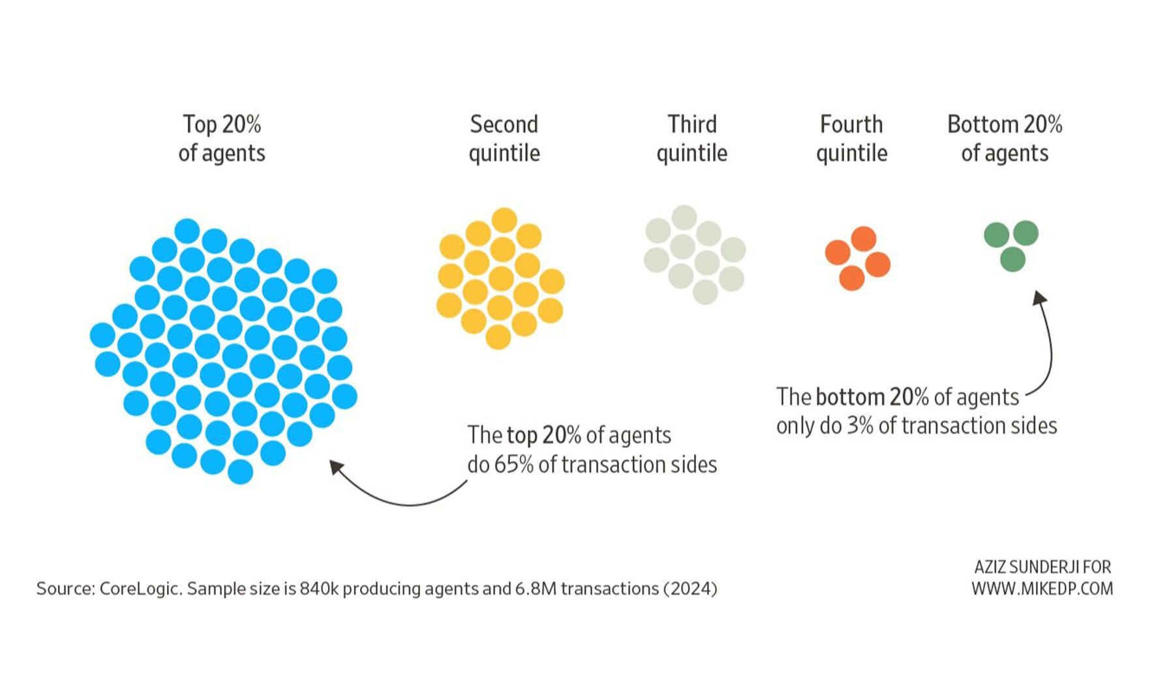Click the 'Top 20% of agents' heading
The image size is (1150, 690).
pyautogui.click(x=222, y=138)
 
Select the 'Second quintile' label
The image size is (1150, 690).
pyautogui.click(x=504, y=138)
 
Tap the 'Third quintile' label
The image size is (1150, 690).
pyautogui.click(x=691, y=138)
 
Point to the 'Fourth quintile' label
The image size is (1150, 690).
pyautogui.click(x=851, y=138)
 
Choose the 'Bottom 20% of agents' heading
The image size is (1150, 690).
pyautogui.click(x=1005, y=138)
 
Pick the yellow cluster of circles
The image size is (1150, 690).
pyautogui.click(x=500, y=279)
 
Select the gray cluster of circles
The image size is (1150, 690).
pyautogui.click(x=694, y=254)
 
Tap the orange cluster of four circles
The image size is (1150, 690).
pyautogui.click(x=857, y=258)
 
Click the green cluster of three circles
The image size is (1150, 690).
pyautogui.click(x=1012, y=245)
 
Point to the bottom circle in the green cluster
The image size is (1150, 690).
pyautogui.click(x=1012, y=259)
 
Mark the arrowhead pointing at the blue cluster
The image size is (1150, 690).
pyautogui.click(x=337, y=467)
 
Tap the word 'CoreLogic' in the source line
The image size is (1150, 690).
pyautogui.click(x=139, y=589)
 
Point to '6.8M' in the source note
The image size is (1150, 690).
pyautogui.click(x=536, y=589)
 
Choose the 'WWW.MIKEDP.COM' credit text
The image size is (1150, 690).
pyautogui.click(x=1042, y=588)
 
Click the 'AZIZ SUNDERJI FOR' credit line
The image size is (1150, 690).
pyautogui.click(x=1042, y=567)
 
